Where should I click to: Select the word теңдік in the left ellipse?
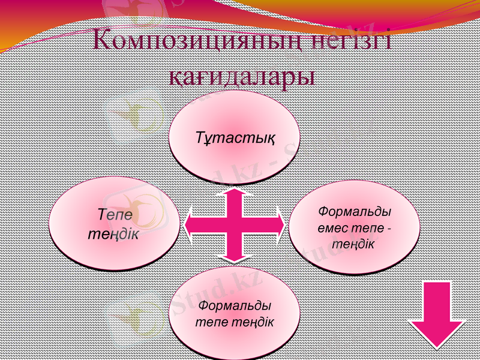(113, 232)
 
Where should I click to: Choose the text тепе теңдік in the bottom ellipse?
(235, 322)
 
